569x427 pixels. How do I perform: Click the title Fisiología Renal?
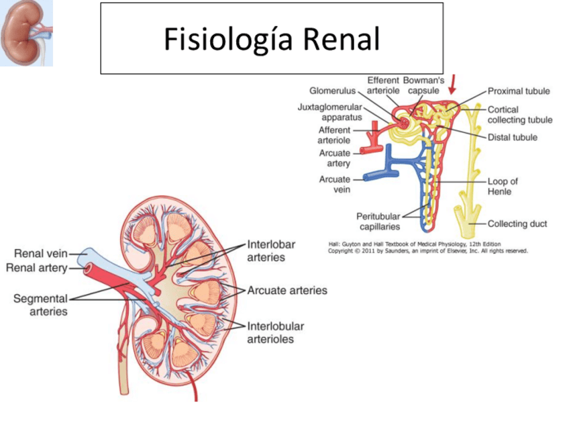(272, 40)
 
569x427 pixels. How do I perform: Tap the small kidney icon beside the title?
(27, 34)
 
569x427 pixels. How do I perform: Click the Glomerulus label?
(332, 91)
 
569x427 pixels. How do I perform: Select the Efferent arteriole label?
(384, 85)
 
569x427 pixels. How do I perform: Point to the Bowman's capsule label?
(423, 85)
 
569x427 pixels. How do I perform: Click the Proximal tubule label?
(519, 91)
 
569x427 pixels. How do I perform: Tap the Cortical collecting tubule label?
(520, 115)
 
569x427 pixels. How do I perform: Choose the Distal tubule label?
(513, 138)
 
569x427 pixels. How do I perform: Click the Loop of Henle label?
(503, 186)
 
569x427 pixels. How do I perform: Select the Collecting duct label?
(517, 224)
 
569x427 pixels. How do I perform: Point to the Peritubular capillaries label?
(378, 222)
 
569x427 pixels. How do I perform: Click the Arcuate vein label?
(335, 184)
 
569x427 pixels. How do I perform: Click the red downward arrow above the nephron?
(454, 84)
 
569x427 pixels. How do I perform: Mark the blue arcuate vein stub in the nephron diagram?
(379, 176)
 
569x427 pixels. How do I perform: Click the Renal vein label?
(41, 253)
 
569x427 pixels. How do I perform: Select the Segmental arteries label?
(40, 305)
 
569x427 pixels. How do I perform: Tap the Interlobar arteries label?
(271, 250)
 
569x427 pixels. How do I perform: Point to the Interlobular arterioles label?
(275, 332)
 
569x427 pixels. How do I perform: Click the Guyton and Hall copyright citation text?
(427, 247)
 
